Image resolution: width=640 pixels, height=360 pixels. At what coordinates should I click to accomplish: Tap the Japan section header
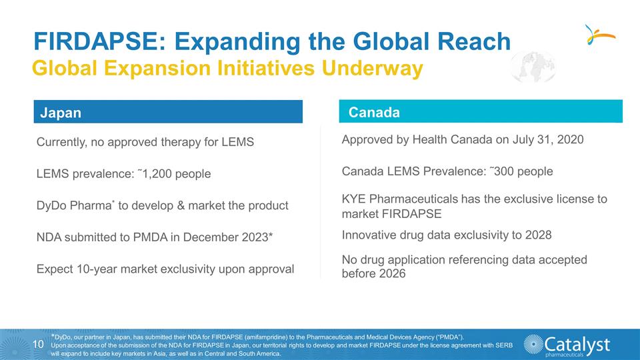[61, 113]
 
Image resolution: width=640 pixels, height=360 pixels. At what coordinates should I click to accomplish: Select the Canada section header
[374, 112]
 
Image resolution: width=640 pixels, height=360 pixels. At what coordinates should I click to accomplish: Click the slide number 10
[38, 344]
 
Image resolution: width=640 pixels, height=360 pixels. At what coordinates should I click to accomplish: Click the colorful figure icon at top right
[597, 34]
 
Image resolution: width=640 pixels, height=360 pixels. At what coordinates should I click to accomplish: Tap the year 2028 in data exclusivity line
[538, 235]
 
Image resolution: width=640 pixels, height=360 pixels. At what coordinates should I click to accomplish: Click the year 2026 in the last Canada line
[391, 273]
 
